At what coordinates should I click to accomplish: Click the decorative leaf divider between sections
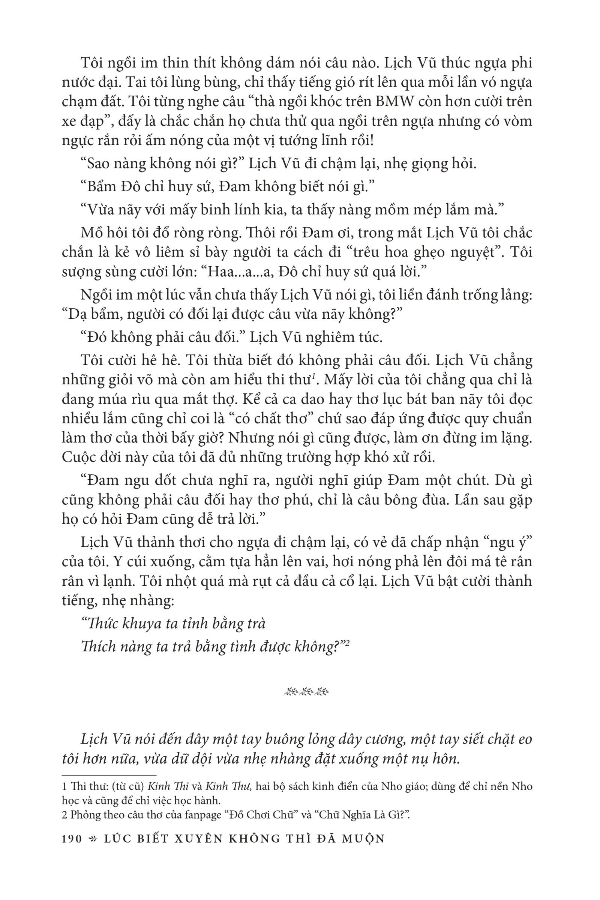[306, 692]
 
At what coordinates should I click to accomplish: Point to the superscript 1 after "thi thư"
[313, 377]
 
